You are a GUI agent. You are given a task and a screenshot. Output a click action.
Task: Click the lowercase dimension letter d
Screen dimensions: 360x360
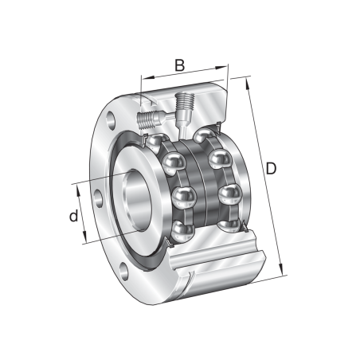coord(73,216)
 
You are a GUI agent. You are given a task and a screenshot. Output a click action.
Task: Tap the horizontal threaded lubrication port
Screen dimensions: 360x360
coord(148,122)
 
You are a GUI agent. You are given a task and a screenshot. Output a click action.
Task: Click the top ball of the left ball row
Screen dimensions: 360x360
coord(174,163)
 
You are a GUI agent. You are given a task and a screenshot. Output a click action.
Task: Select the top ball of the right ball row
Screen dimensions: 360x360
coord(219,158)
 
